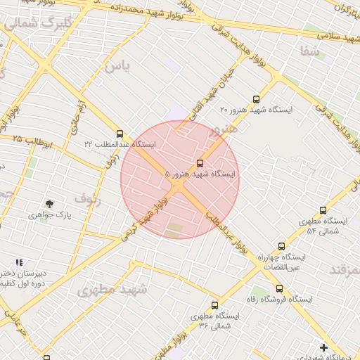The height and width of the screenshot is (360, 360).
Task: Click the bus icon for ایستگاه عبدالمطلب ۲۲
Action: tap(120, 134)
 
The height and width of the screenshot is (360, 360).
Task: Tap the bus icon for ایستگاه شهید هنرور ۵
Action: tap(200, 163)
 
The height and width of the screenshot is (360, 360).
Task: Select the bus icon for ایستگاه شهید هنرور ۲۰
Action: tap(255, 100)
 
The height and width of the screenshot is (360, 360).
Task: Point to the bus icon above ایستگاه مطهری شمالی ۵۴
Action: tap(323, 210)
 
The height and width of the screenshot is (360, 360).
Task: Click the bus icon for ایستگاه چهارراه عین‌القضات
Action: tap(281, 247)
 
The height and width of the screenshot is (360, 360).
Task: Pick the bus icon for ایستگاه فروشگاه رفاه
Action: tap(279, 288)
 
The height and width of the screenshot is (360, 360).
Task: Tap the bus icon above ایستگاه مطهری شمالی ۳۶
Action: tap(214, 305)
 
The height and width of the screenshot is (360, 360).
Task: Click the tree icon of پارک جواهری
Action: tap(49, 204)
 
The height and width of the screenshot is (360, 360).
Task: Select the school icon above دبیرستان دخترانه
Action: tap(19, 262)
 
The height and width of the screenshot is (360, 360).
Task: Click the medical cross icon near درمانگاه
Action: tap(323, 347)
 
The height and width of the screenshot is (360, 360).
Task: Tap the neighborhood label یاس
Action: tap(117, 67)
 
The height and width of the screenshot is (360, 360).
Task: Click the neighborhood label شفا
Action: tap(310, 51)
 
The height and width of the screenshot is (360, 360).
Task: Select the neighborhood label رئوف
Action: tap(88, 199)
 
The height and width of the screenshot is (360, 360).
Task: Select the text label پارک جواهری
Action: tap(49, 214)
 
